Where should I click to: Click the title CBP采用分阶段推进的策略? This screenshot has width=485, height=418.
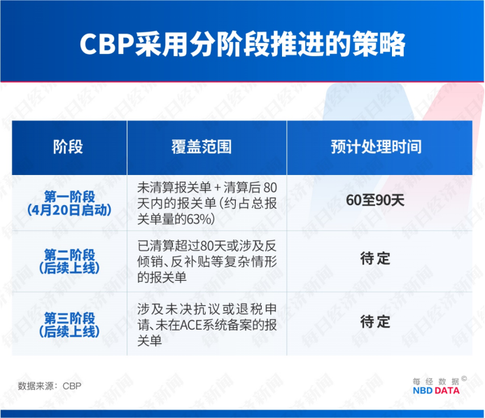pos(242,43)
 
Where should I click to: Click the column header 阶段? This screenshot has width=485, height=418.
pos(68,147)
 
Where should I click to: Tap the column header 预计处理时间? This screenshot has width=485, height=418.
pos(376,147)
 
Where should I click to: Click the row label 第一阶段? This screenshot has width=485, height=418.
pos(69,195)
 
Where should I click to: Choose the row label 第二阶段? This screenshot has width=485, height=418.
pos(69,254)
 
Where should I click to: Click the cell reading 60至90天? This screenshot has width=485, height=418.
pos(376,200)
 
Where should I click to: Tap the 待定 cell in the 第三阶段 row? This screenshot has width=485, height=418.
pos(376,322)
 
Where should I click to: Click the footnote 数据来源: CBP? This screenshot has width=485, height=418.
pos(50,385)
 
